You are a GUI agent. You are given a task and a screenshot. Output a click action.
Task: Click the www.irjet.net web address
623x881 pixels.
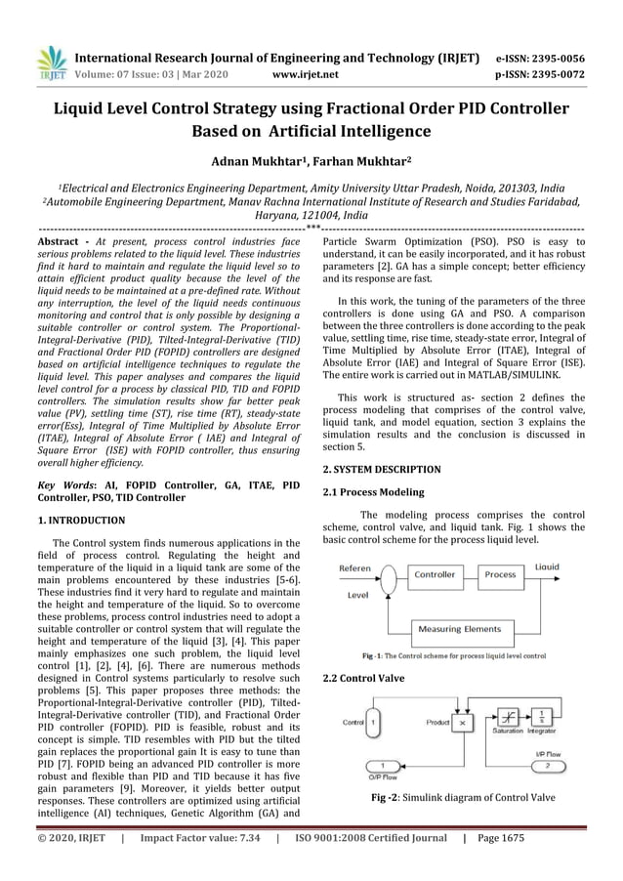[x=307, y=72]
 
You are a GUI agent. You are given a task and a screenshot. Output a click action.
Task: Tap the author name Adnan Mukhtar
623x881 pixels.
[x=259, y=161]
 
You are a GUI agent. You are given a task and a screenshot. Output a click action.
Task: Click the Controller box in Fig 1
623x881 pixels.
[x=436, y=574]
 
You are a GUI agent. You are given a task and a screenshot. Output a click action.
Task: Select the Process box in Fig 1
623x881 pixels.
[x=500, y=574]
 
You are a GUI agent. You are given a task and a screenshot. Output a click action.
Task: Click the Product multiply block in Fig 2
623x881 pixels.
[x=461, y=723]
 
